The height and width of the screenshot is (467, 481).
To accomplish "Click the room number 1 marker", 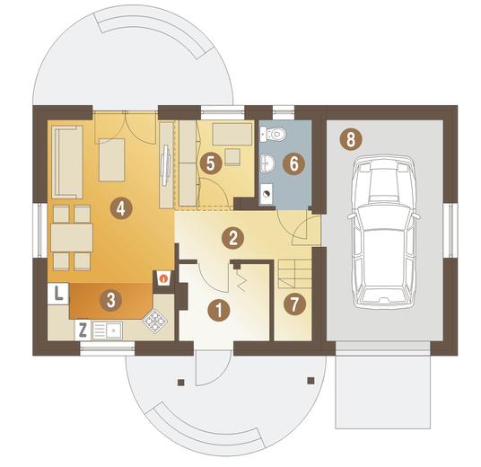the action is (x=219, y=310).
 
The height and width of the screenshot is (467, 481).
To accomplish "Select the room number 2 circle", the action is (x=232, y=238).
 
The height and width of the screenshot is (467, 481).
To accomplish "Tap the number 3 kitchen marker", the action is (x=111, y=300).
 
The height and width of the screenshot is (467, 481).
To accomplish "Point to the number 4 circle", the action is (x=121, y=208).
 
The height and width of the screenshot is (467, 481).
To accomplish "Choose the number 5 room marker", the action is (x=211, y=163).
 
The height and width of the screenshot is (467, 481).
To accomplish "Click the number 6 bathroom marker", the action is (x=293, y=163).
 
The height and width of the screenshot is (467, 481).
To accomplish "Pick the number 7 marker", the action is (x=294, y=304).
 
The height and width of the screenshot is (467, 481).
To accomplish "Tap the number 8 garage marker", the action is (x=351, y=139).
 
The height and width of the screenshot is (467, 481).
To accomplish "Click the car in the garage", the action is (x=384, y=233).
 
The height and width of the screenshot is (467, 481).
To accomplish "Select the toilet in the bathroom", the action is (x=273, y=134).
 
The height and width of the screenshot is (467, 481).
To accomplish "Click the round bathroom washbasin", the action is (x=267, y=163).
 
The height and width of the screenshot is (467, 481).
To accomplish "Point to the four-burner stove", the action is (x=155, y=322).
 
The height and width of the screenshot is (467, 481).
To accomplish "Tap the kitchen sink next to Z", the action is (x=107, y=330).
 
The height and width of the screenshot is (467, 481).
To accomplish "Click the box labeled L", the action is (x=58, y=294).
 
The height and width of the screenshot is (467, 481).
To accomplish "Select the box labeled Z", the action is (x=83, y=330).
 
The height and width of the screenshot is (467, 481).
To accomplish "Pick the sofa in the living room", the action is (x=67, y=163).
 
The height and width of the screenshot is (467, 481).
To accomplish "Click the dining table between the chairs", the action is (x=72, y=238).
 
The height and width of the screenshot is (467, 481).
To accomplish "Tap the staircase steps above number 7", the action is (x=295, y=274).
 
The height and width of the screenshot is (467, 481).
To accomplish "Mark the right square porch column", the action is (x=311, y=381).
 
